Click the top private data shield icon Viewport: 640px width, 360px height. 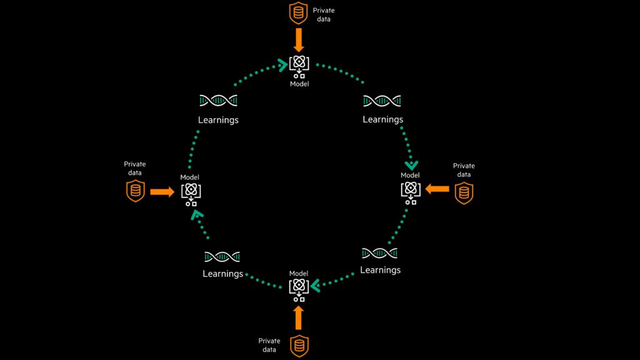(298, 14)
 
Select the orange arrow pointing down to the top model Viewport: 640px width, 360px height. (298, 40)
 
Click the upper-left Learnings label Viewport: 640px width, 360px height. (218, 119)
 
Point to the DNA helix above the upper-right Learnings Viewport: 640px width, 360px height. (382, 101)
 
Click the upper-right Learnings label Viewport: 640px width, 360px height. (382, 119)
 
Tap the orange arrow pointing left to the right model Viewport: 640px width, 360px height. (437, 189)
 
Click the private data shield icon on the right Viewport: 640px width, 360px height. (463, 192)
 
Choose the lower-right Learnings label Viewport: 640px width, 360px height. (380, 270)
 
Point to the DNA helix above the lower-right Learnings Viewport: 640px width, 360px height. (379, 253)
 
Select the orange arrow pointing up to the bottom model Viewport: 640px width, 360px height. (298, 317)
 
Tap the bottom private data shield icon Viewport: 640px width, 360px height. (299, 345)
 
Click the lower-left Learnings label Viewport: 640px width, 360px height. (222, 274)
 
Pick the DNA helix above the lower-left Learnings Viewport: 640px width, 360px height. (222, 256)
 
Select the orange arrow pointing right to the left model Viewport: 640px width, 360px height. (162, 192)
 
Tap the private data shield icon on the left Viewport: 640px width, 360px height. (136, 191)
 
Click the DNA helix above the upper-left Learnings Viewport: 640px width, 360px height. (218, 101)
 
